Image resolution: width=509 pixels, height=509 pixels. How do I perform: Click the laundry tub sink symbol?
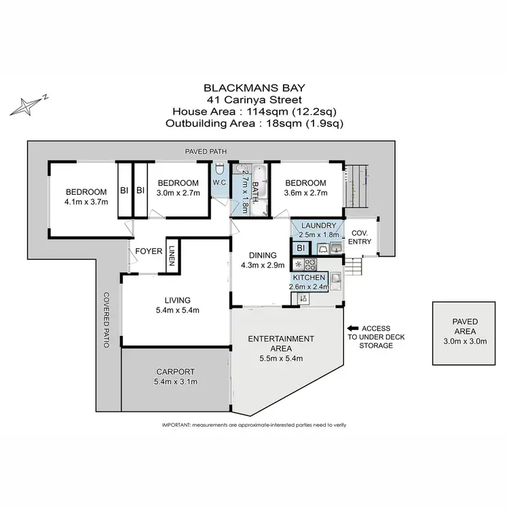(x=335, y=247)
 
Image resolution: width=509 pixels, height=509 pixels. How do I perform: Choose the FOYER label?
(x=149, y=251)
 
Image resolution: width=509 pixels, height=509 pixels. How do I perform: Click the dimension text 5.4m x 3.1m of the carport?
(x=175, y=381)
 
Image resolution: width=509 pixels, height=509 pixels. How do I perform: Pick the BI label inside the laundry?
(x=301, y=248)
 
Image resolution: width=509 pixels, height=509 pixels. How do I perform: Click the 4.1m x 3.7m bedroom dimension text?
(x=86, y=202)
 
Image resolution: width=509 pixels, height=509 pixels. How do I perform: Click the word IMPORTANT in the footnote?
(x=176, y=424)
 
